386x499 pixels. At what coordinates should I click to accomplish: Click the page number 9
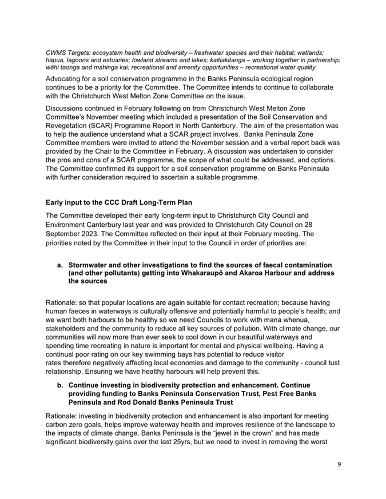[x=339, y=464]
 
